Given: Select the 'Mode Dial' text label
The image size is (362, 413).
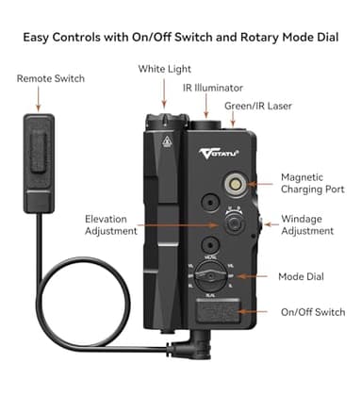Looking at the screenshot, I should pyautogui.click(x=303, y=276).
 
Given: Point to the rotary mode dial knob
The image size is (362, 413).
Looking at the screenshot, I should pyautogui.click(x=216, y=277).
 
